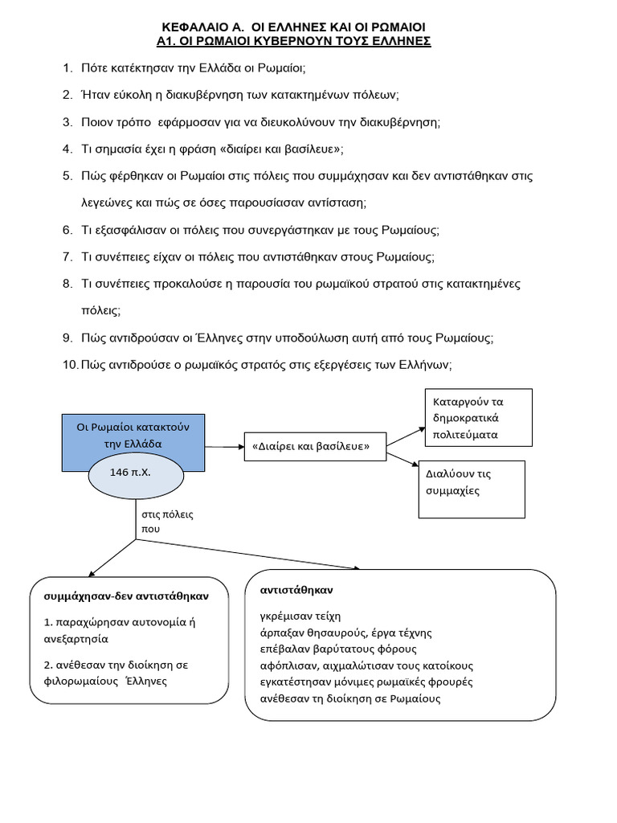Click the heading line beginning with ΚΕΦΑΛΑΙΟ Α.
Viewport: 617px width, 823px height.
pyautogui.click(x=304, y=26)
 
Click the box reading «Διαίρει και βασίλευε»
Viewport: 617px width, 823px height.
pyautogui.click(x=315, y=446)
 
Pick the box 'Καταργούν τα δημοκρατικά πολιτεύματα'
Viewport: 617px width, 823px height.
pyautogui.click(x=477, y=418)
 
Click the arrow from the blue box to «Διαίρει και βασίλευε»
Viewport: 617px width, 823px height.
pyautogui.click(x=224, y=445)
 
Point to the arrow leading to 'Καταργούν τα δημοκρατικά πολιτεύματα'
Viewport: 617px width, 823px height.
pyautogui.click(x=407, y=435)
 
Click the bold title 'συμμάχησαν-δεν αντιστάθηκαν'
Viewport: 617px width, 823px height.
pyautogui.click(x=127, y=596)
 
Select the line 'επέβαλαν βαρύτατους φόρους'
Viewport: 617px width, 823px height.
pyautogui.click(x=338, y=649)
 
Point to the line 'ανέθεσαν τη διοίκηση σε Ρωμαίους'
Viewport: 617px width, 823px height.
pyautogui.click(x=349, y=698)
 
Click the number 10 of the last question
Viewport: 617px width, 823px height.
pyautogui.click(x=70, y=364)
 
